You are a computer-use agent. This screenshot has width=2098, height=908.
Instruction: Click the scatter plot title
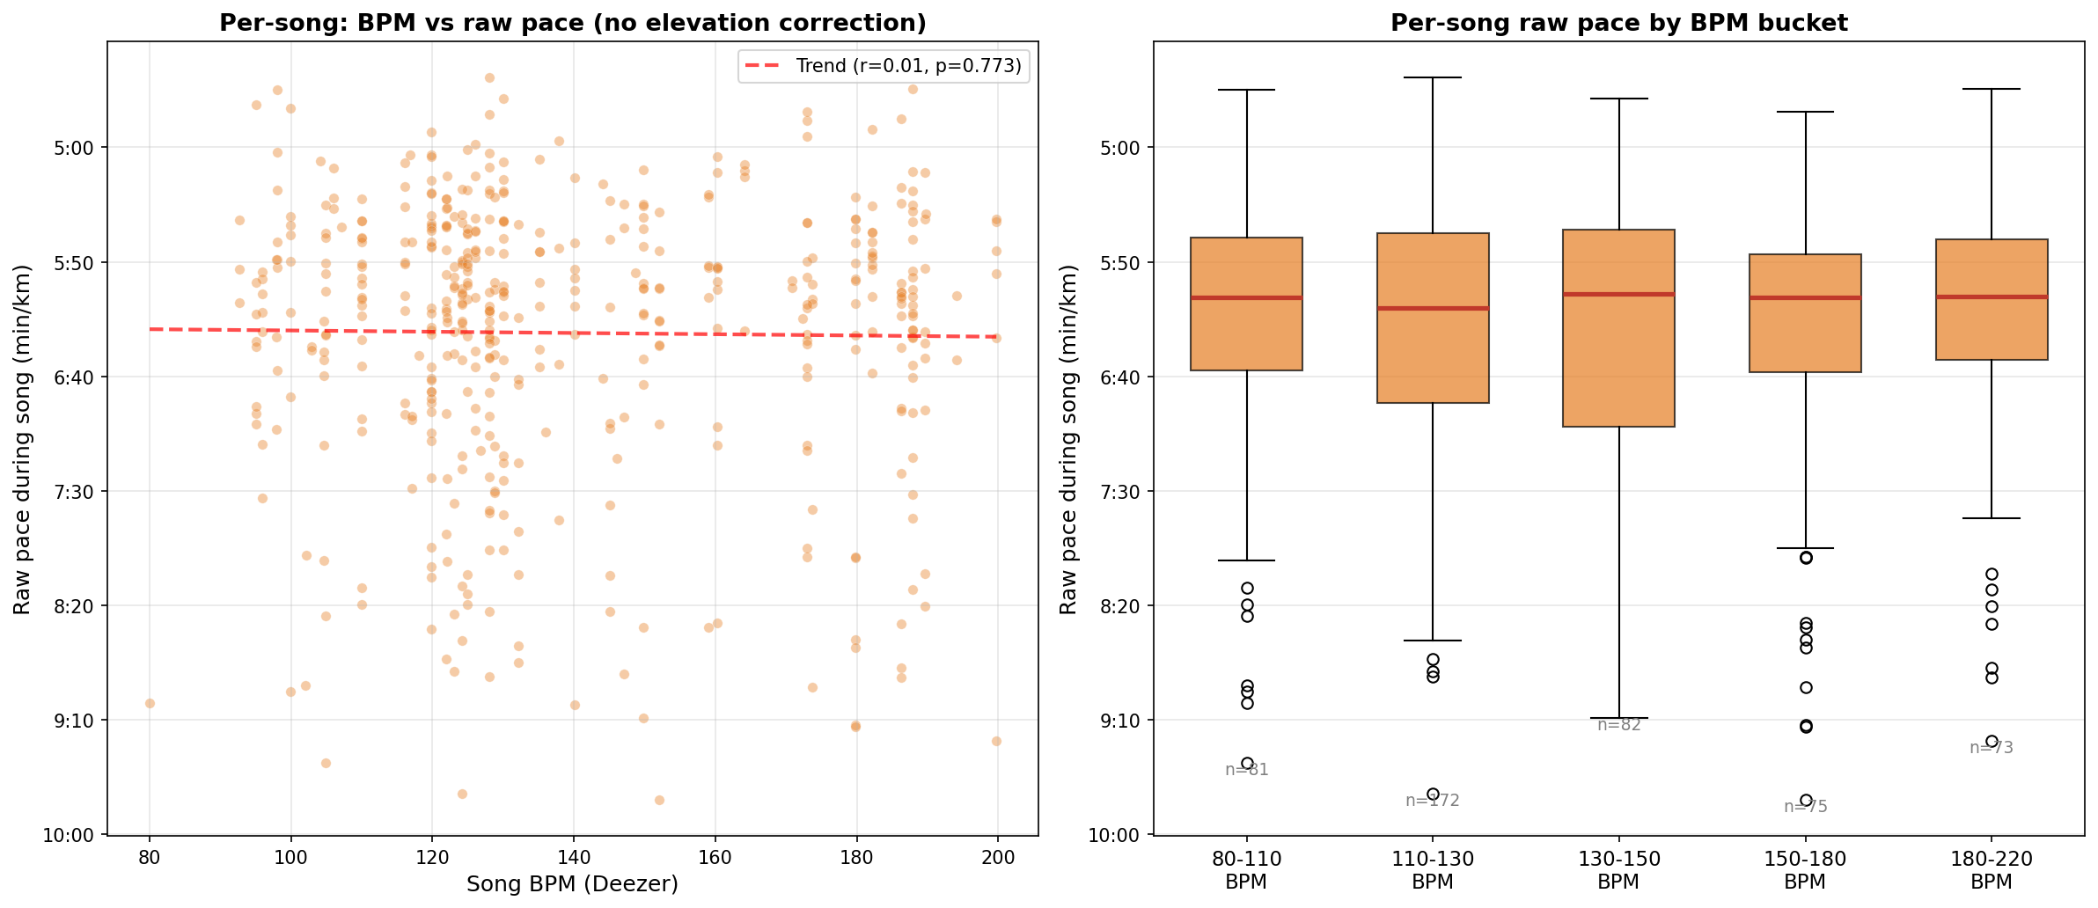572,23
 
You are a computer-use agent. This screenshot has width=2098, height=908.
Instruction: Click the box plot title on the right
1618,23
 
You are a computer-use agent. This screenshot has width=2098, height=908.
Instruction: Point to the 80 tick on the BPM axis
150,858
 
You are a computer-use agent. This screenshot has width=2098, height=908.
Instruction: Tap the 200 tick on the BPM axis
996,858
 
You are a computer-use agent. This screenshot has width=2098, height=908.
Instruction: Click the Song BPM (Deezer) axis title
572,884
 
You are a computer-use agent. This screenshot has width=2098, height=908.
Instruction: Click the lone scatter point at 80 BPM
150,703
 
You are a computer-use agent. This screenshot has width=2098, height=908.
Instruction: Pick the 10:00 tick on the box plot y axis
1118,835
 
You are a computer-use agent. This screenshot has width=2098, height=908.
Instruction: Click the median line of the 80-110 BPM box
1246,298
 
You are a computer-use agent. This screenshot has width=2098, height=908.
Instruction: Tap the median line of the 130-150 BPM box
1618,295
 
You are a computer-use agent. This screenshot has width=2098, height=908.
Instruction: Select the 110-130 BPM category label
1433,870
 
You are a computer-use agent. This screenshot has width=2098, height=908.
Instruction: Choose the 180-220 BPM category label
1992,870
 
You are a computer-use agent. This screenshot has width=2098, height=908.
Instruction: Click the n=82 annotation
1619,725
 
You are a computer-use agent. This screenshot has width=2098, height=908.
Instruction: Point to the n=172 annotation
1433,801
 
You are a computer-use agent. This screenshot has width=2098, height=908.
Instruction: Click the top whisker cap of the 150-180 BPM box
1805,112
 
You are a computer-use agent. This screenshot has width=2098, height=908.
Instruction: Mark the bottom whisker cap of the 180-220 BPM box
1992,518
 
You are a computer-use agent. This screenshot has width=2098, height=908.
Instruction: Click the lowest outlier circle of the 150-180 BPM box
1806,801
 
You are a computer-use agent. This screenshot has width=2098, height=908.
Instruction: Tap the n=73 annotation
1992,748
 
